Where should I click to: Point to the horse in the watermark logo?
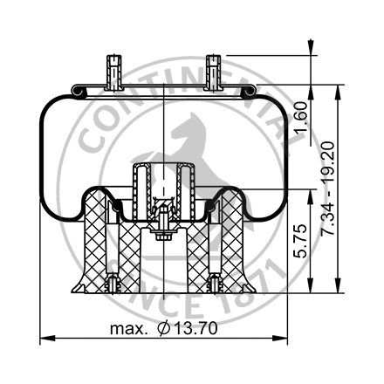click(188, 144)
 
